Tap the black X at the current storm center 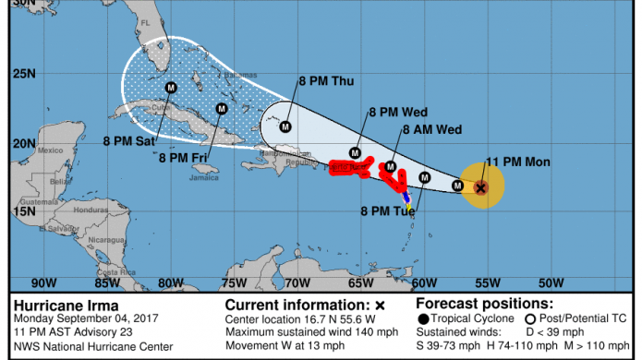click(480, 187)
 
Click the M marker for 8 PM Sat click(171, 88)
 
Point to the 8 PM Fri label click(182, 157)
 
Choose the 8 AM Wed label click(432, 130)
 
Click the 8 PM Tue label click(387, 210)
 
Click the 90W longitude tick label click(42, 282)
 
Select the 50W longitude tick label click(551, 282)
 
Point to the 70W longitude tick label click(297, 282)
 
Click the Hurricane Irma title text click(57, 304)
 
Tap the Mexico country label click(49, 150)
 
